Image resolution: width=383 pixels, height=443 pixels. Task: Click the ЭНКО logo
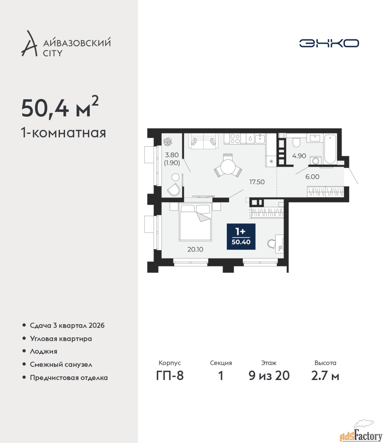click(x=329, y=43)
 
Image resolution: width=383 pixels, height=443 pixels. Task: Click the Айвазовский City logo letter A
click(x=29, y=44)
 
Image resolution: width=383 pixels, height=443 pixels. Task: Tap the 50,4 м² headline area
click(x=60, y=109)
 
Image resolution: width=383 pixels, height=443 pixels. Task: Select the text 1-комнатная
click(x=64, y=133)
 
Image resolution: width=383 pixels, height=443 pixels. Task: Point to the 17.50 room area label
click(x=257, y=182)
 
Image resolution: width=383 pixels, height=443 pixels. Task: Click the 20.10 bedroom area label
click(x=195, y=249)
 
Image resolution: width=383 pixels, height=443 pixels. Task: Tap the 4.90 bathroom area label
click(x=299, y=156)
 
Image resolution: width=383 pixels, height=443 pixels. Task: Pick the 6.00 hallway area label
click(x=312, y=177)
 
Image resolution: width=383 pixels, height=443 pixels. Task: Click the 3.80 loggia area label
click(x=172, y=154)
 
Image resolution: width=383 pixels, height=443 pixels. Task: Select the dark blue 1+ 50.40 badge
click(x=241, y=237)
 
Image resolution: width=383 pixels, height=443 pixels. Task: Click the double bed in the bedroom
click(x=195, y=222)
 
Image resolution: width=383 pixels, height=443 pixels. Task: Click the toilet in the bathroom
click(x=296, y=142)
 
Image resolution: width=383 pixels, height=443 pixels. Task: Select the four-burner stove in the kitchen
click(x=235, y=138)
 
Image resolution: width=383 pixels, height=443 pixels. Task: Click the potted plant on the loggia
click(x=167, y=141)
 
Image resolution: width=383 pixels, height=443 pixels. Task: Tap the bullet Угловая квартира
click(x=61, y=339)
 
